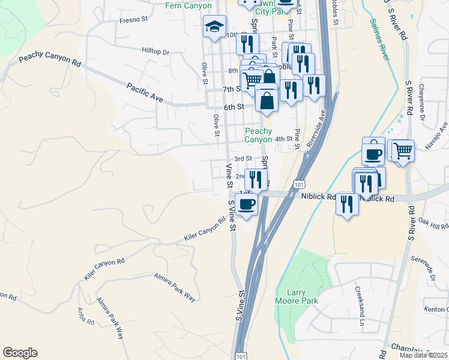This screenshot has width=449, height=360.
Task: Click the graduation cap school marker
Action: tap(214, 26)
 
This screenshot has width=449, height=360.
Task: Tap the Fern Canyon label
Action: tap(188, 6)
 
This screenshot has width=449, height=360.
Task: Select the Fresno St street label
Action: tap(133, 20)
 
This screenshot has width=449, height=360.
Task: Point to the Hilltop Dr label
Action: tap(156, 52)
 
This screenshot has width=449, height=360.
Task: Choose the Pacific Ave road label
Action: tap(145, 92)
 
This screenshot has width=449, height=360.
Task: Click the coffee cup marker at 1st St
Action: tap(246, 204)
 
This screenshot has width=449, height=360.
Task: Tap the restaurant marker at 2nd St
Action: tap(256, 179)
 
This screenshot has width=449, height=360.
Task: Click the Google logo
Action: tap(20, 353)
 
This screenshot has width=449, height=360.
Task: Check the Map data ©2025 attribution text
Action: tap(423, 355)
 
